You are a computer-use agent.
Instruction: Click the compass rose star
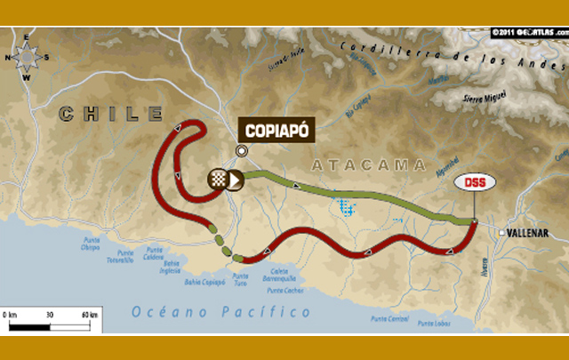27,56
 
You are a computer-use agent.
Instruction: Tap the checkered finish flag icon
217,179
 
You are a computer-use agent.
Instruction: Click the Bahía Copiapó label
205,280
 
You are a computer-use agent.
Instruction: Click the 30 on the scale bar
49,315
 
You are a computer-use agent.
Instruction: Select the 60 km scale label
88,315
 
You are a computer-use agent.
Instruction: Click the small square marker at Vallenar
501,233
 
